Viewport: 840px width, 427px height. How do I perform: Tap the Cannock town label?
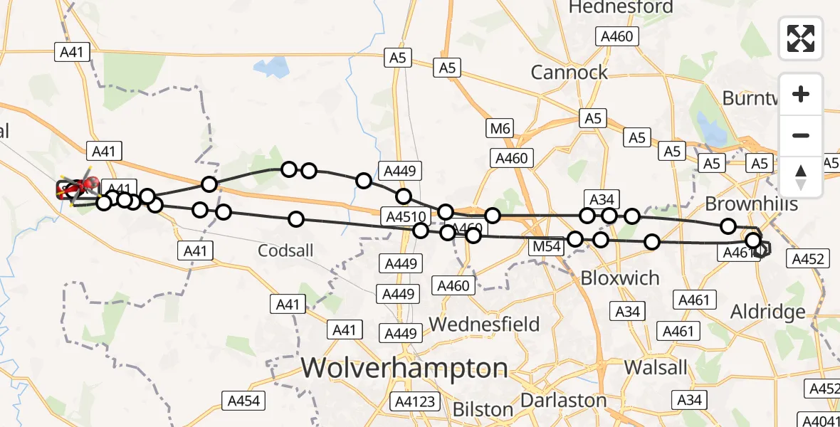[x=569, y=72]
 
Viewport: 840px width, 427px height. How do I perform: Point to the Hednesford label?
[x=621, y=8]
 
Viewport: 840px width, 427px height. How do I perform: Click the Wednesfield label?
[x=485, y=325]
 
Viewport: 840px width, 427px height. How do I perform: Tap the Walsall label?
[x=656, y=367]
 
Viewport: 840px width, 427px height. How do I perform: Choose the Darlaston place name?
[x=563, y=400]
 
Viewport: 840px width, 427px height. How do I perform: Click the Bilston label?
[x=483, y=409]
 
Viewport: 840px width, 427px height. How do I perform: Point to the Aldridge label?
[x=768, y=312]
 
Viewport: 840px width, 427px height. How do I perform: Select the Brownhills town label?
[x=751, y=204]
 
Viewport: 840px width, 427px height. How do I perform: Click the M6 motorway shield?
[x=500, y=129]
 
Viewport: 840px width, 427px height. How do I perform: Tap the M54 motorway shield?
[x=546, y=247]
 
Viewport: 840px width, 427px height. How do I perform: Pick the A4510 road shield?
[x=403, y=216]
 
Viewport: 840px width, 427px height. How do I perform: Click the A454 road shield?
[x=243, y=401]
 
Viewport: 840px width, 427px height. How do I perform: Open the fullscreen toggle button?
[x=801, y=38]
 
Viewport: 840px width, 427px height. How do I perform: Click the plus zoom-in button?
[x=801, y=94]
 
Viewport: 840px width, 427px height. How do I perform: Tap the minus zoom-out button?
[x=801, y=135]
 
